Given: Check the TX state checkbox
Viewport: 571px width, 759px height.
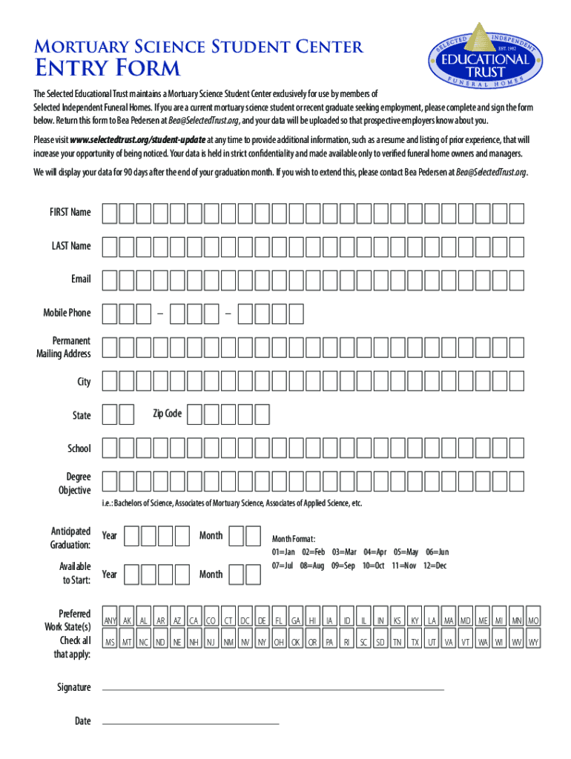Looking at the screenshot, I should [415, 642].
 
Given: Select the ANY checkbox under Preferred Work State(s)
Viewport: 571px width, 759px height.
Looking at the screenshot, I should [110, 620].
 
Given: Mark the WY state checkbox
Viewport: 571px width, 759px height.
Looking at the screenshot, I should [533, 642].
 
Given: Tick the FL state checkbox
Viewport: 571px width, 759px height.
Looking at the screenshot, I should [279, 620].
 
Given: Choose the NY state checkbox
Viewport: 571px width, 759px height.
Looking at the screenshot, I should [262, 642].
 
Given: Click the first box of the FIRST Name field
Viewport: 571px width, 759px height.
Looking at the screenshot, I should [109, 213].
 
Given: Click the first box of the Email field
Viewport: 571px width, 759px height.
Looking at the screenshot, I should [109, 279].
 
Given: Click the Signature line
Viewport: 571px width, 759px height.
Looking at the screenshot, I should [272, 689].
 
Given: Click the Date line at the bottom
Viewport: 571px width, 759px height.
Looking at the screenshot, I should [190, 722].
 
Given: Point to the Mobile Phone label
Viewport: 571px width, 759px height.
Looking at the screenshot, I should [67, 313].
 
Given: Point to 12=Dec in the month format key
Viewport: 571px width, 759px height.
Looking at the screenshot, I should [435, 566].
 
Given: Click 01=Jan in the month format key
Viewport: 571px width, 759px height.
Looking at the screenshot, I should [283, 552].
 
